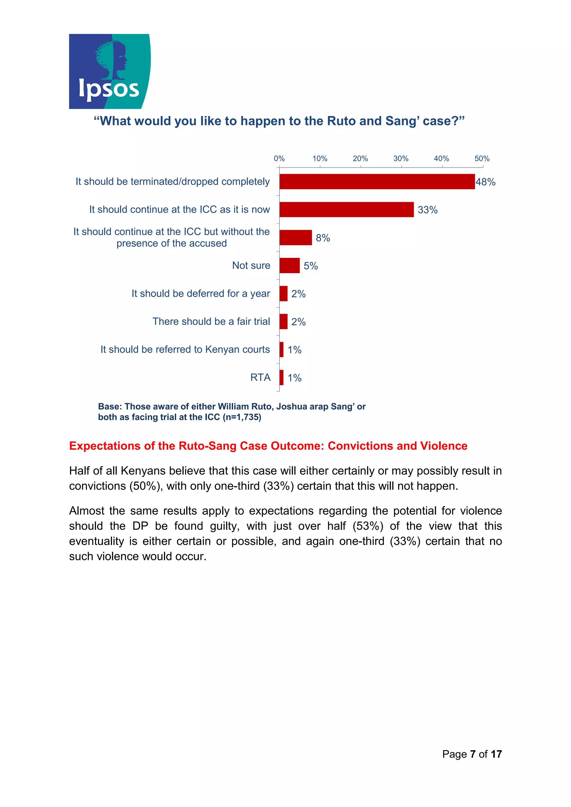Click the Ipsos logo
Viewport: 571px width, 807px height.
click(x=109, y=71)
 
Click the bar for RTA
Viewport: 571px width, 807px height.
click(x=281, y=378)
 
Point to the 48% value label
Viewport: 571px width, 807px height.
click(x=485, y=182)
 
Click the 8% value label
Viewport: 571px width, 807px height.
click(x=323, y=238)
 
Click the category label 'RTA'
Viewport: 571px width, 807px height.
click(x=260, y=378)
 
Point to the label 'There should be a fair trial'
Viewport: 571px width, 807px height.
click(x=211, y=322)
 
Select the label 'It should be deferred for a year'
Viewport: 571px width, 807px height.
click(x=200, y=294)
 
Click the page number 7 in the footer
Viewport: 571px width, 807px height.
click(x=473, y=754)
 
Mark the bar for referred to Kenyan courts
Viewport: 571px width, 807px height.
click(x=281, y=349)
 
